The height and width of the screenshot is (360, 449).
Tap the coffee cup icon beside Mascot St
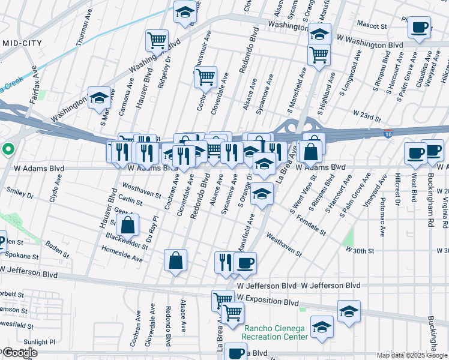pyautogui.click(x=419, y=26)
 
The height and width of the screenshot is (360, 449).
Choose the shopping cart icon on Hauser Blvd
pyautogui.click(x=157, y=41)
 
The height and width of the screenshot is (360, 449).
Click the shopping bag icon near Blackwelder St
pyautogui.click(x=128, y=226)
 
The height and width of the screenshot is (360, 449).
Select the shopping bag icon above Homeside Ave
pyautogui.click(x=175, y=260)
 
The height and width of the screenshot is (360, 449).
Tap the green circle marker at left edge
pyautogui.click(x=7, y=149)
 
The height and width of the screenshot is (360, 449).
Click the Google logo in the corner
pyautogui.click(x=20, y=353)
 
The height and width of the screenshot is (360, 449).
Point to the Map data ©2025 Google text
pyautogui.click(x=411, y=355)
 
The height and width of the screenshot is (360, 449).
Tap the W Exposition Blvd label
pyautogui.click(x=267, y=298)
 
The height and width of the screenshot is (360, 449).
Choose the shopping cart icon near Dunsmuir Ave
pyautogui.click(x=206, y=77)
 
